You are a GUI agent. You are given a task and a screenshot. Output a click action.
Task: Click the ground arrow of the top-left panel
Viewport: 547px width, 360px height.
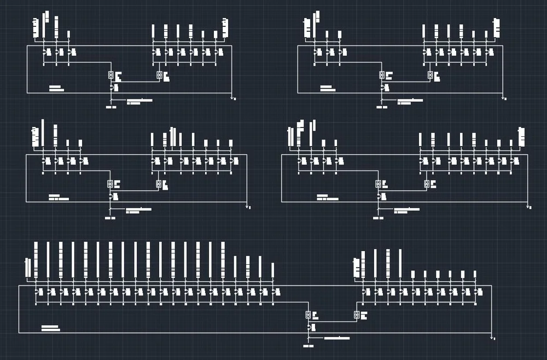click(x=234, y=98)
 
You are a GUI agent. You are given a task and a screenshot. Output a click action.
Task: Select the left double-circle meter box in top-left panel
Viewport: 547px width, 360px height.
click(x=111, y=74)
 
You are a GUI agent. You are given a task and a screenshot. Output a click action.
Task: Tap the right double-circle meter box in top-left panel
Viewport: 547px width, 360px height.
click(x=159, y=75)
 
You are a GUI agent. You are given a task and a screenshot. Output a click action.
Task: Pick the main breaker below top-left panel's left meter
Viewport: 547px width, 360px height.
click(x=112, y=87)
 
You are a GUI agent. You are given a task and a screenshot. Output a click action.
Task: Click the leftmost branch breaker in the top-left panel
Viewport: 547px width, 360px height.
click(x=45, y=52)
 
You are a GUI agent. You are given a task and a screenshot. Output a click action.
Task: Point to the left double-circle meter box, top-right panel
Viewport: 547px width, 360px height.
click(x=382, y=74)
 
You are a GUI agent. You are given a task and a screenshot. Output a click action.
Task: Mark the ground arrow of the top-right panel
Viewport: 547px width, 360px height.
click(x=504, y=98)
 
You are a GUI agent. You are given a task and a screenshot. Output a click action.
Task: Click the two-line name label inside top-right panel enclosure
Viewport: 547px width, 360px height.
click(x=328, y=88)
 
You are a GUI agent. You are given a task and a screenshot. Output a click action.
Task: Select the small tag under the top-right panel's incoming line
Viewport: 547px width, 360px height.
click(x=382, y=107)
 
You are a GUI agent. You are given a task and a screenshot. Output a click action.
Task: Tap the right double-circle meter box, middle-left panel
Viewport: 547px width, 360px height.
click(x=159, y=183)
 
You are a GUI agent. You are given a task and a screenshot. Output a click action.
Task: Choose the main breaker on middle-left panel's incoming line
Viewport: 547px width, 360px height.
click(x=111, y=195)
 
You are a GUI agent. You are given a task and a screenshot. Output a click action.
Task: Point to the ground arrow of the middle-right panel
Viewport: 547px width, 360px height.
click(x=528, y=207)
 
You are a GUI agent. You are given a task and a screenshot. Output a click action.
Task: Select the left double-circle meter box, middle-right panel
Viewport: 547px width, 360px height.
click(x=378, y=183)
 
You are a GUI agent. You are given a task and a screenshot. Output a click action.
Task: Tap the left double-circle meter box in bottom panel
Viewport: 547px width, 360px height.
click(x=309, y=315)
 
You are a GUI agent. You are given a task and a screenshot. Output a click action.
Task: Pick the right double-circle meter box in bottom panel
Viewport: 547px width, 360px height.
click(x=357, y=315)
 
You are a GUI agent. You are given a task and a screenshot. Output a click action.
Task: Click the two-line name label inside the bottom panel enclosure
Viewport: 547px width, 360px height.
click(x=50, y=328)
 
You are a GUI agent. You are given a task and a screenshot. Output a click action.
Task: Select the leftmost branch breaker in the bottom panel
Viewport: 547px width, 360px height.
click(x=37, y=292)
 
